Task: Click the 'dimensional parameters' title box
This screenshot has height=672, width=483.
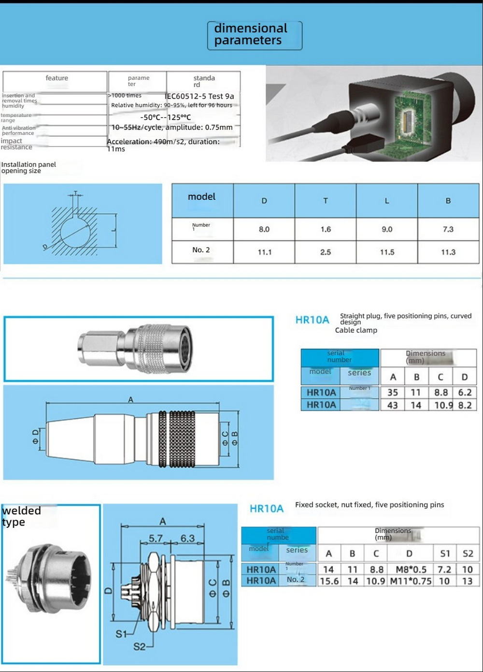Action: pyautogui.click(x=255, y=35)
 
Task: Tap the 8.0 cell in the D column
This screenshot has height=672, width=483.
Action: pyautogui.click(x=264, y=229)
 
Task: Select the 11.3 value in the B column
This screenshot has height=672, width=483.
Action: pyautogui.click(x=448, y=252)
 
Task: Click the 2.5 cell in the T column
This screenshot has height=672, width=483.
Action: pyautogui.click(x=326, y=252)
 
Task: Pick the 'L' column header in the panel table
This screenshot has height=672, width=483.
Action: pyautogui.click(x=387, y=201)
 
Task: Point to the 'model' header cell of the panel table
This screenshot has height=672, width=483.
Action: pyautogui.click(x=202, y=197)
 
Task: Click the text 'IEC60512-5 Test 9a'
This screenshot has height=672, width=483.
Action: pyautogui.click(x=199, y=96)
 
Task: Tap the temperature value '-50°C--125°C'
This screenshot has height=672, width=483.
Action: pyautogui.click(x=166, y=117)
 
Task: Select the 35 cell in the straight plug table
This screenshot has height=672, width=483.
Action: pyautogui.click(x=393, y=393)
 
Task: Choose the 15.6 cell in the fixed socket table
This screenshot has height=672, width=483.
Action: pyautogui.click(x=329, y=581)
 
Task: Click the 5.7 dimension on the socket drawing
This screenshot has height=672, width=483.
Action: pyautogui.click(x=156, y=538)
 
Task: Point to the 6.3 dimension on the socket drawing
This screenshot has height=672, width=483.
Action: pyautogui.click(x=187, y=538)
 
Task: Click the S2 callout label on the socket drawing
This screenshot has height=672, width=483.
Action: pyautogui.click(x=140, y=646)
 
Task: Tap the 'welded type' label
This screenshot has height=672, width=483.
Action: pyautogui.click(x=21, y=516)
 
